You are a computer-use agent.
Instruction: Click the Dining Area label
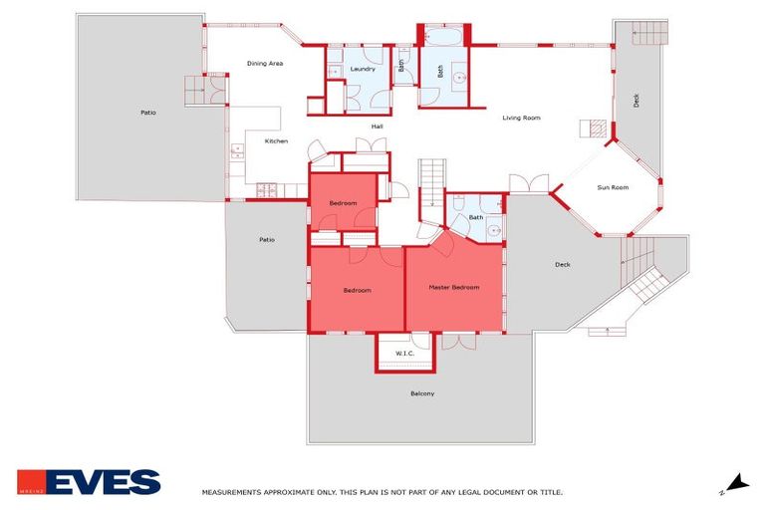point(266,64)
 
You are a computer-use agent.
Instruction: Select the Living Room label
point(521,118)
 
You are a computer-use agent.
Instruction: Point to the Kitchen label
point(276,140)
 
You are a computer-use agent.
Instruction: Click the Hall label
point(378,127)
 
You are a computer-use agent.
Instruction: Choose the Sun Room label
point(613,187)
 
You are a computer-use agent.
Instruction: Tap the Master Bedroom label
point(453,287)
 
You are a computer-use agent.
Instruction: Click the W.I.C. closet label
point(404,353)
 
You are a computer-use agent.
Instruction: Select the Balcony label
point(422,393)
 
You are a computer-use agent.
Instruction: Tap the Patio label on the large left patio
point(147,113)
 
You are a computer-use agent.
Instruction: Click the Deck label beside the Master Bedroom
point(563,264)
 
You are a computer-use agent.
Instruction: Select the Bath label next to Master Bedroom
point(476,217)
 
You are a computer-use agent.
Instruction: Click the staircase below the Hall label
point(429,180)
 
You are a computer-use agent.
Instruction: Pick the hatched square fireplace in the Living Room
point(595,128)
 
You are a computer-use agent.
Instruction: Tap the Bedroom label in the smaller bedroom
point(343,202)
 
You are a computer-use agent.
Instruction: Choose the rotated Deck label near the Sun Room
point(637,101)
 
